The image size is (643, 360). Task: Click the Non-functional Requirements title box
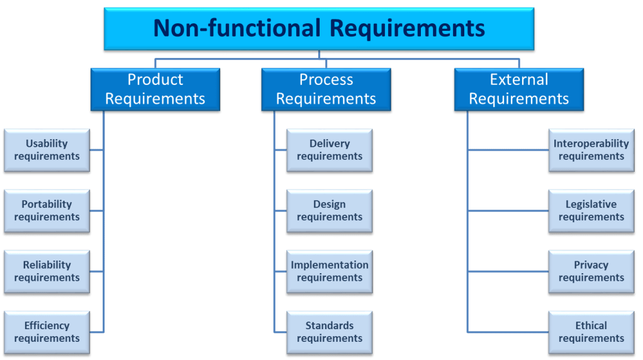coord(319,29)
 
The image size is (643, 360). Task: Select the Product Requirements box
coord(155,90)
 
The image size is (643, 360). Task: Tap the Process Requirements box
coord(326,90)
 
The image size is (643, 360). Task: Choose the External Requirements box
coord(518,90)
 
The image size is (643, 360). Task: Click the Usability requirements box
coord(47,150)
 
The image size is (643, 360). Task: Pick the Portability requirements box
coord(47,211)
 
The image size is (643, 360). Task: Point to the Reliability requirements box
coord(47,272)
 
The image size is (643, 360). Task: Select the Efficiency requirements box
coord(47,332)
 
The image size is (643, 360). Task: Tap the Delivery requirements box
coord(329,150)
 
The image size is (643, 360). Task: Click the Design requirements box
coord(329,211)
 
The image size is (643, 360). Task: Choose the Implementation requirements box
coord(329,272)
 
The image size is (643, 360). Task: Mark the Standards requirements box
coord(329,332)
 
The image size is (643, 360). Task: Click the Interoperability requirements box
coord(591,150)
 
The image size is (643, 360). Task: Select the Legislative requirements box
coord(591,211)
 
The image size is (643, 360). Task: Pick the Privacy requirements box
coord(591,272)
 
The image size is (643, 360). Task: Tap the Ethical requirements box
coord(591,332)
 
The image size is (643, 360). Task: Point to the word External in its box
coord(518,80)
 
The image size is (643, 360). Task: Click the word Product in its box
coord(155,80)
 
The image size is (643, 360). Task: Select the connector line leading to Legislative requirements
coord(507,211)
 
